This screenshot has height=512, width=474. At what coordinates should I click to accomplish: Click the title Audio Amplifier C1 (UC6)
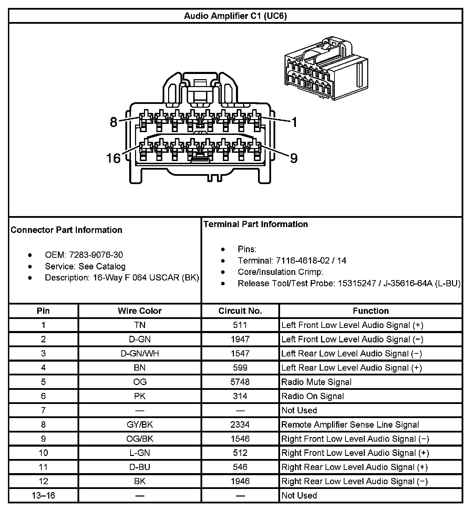coord(235,16)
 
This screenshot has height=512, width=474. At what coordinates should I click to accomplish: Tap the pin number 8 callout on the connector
coord(114,122)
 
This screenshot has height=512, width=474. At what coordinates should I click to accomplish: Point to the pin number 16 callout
coord(113,158)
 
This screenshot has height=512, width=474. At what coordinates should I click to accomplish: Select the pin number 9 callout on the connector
coord(293,158)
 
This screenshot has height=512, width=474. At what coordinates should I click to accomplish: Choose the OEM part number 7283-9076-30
coord(96,255)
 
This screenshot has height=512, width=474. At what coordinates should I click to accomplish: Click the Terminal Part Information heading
coord(255,224)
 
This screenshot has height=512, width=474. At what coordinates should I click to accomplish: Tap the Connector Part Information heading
coord(66,230)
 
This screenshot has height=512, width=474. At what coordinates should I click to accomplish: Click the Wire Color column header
coord(140,311)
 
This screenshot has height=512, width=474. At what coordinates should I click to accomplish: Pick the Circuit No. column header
coord(240,311)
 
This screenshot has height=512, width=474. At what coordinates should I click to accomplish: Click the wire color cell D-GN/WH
coord(140,354)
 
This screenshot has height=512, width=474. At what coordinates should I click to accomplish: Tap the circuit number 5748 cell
coord(240,382)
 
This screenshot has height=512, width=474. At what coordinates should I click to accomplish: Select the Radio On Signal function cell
coord(312,396)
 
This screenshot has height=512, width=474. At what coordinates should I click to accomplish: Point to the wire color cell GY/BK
coord(140,425)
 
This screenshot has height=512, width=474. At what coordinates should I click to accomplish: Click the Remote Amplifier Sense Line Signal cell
coord(350,425)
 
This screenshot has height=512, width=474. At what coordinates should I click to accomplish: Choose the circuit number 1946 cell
coord(240,481)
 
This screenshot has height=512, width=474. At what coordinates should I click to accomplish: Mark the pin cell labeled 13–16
coord(43,495)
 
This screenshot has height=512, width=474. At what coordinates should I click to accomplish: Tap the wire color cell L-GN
coord(140,453)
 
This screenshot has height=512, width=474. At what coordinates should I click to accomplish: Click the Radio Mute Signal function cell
coord(316,382)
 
